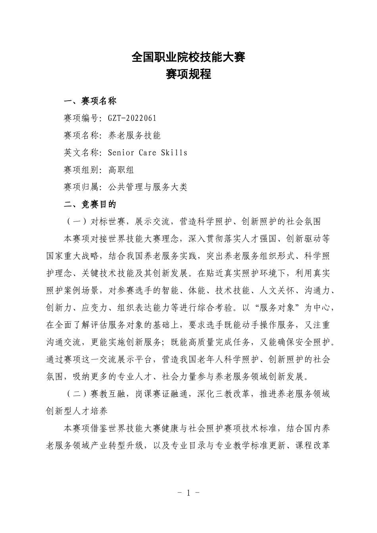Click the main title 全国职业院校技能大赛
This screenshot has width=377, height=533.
pyautogui.click(x=188, y=58)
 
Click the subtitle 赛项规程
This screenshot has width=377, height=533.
pyautogui.click(x=188, y=74)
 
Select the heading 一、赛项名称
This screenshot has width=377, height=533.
pyautogui.click(x=90, y=101)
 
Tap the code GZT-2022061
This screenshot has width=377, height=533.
pyautogui.click(x=132, y=118)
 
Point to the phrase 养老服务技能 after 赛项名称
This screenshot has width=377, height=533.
pyautogui.click(x=134, y=136)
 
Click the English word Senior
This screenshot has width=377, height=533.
pyautogui.click(x=121, y=153)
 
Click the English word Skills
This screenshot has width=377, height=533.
pyautogui.click(x=174, y=153)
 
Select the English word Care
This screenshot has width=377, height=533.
pyautogui.click(x=147, y=153)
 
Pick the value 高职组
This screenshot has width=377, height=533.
pyautogui.click(x=121, y=170)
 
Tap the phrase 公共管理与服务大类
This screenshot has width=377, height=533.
pyautogui.click(x=147, y=187)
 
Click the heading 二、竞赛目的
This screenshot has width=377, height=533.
pyautogui.click(x=90, y=204)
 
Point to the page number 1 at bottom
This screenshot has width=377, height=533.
pyautogui.click(x=188, y=493)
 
